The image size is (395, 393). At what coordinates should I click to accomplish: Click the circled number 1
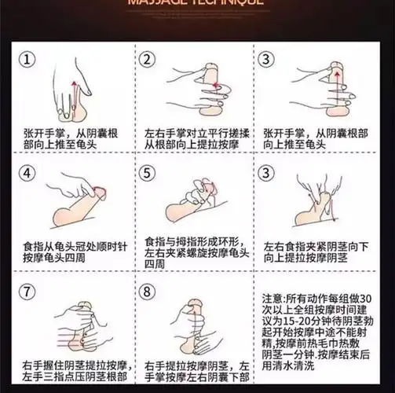[28, 61]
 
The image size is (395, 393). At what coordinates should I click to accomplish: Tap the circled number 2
[146, 61]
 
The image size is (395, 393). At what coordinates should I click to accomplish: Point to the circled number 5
[146, 174]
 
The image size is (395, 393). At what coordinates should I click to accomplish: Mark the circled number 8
[146, 290]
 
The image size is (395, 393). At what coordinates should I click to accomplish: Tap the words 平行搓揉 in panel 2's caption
[225, 133]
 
